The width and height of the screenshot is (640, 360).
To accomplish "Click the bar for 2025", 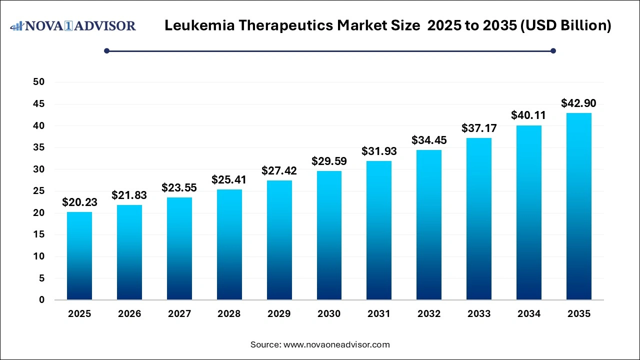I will point(79,256).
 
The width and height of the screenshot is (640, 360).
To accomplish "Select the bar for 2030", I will point(329,235).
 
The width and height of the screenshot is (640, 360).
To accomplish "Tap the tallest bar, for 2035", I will point(578,206).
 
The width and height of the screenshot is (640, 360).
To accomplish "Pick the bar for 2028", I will point(229,244).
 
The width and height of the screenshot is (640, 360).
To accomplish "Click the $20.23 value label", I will point(79,202).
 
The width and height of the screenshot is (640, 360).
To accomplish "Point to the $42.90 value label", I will point(578,103).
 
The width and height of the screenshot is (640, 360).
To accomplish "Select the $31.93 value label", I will point(379,151).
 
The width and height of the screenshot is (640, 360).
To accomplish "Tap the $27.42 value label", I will point(279,170).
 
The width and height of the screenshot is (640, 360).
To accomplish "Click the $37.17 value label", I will point(479,128).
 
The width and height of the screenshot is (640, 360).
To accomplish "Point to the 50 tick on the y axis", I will point(38,82).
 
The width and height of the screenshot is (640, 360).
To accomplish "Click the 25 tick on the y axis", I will point(38,191).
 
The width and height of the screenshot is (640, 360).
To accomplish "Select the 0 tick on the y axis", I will point(41,300).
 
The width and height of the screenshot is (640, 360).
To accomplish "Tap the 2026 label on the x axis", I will point(129,314).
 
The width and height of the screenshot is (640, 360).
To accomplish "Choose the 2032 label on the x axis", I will point(429,314).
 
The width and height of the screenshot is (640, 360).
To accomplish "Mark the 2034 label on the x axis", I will point(529,314).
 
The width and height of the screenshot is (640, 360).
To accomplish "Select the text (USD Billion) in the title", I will point(565,25).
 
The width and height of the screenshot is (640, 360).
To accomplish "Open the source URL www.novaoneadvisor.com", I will point(336,344).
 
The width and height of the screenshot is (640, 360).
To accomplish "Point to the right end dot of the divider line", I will point(553,50).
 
